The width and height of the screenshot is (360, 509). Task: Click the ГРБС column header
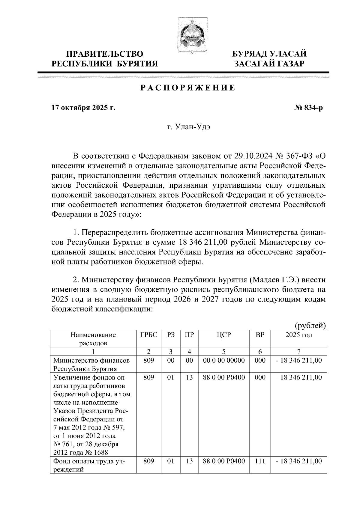coord(148,335)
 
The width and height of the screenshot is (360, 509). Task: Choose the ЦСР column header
coord(224,335)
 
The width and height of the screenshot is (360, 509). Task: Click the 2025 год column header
coord(298,335)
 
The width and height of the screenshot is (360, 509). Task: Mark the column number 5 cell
coord(224,351)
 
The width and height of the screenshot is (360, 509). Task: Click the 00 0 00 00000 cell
coord(224,360)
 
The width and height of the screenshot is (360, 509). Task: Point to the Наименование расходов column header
coord(93,339)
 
